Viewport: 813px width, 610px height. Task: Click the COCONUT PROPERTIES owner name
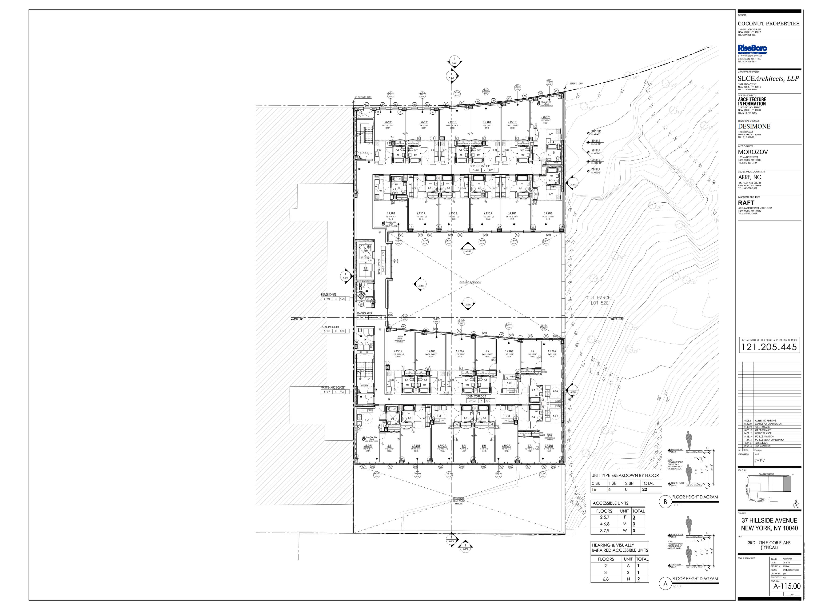tap(768, 24)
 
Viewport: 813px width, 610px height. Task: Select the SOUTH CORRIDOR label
tap(476, 396)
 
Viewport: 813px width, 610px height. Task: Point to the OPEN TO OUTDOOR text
tap(470, 282)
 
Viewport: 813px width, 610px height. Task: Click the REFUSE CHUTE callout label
tap(328, 294)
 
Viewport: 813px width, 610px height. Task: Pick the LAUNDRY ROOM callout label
tap(330, 327)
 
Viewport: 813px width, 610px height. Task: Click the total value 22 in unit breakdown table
tap(644, 490)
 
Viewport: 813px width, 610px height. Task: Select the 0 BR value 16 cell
tap(594, 490)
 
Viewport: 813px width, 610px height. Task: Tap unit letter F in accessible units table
tap(624, 517)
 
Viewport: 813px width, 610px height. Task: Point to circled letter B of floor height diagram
tap(665, 502)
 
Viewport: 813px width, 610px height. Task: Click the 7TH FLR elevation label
tap(595, 169)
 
